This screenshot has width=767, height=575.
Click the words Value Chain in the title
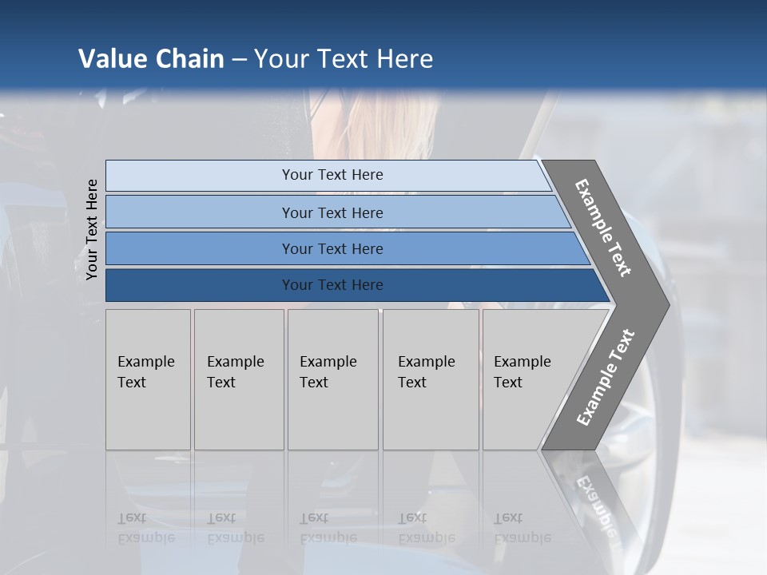point(151,59)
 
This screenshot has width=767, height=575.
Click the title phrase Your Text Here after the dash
point(344,59)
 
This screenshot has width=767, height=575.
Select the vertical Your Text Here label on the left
point(92,230)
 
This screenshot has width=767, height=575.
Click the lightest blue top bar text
point(332,175)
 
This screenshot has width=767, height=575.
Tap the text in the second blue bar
point(332,212)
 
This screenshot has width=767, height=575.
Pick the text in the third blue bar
point(332,248)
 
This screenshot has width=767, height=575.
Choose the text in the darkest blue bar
point(332,284)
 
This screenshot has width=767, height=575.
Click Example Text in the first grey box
point(145,371)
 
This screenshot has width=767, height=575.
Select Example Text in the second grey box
point(235,371)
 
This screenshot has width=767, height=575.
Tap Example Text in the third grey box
point(328,371)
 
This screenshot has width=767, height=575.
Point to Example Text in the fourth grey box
point(426,371)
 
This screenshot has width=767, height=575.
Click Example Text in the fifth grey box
point(522,371)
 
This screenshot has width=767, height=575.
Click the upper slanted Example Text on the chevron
point(603,228)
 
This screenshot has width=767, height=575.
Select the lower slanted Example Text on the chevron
point(606,378)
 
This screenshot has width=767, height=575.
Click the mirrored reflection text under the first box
point(145,528)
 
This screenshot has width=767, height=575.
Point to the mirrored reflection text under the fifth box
point(522,528)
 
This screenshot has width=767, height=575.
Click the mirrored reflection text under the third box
point(328,528)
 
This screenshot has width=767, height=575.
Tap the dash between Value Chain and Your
point(239,60)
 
